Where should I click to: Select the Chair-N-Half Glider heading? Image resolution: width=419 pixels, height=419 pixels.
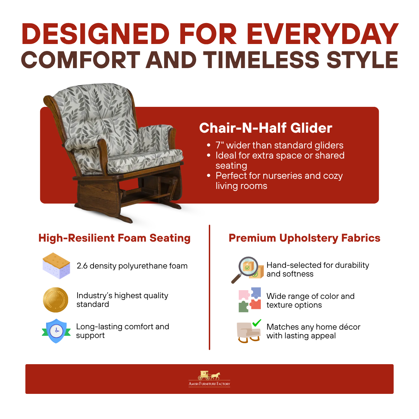[x=265, y=128]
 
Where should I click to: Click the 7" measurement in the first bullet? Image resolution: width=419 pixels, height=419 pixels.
[x=220, y=145]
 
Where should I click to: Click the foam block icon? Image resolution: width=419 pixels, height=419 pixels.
[x=56, y=266]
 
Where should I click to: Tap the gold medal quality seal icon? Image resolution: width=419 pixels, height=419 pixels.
[x=56, y=300]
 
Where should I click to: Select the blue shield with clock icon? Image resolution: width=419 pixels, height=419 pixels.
[x=56, y=331]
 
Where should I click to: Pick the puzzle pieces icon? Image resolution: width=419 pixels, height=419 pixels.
[x=250, y=300]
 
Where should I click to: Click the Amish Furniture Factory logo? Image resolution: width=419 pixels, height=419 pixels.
[x=209, y=379]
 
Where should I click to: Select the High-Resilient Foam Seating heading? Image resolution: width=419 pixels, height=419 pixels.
[x=115, y=238]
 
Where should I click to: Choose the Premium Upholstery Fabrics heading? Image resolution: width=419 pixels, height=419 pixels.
[x=304, y=238]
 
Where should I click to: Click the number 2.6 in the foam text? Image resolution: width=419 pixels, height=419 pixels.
[x=82, y=266]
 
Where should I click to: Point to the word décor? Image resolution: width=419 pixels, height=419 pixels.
[x=350, y=327]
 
